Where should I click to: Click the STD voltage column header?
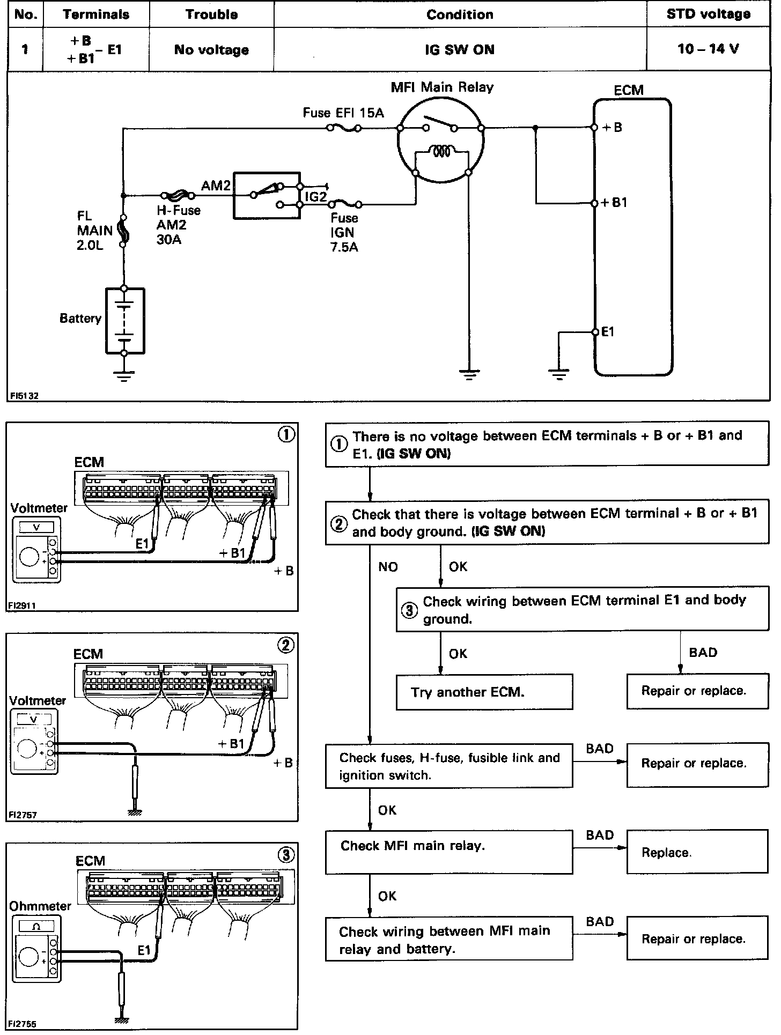tap(708, 14)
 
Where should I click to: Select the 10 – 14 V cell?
tap(708, 49)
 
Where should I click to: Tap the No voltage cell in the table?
tap(211, 50)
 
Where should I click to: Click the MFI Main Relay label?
tap(442, 87)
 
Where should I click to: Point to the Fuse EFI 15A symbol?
tap(344, 128)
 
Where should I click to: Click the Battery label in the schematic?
tap(80, 319)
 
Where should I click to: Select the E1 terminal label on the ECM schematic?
tap(608, 332)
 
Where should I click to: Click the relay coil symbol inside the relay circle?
tap(441, 152)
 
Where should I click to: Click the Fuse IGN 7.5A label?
tap(344, 232)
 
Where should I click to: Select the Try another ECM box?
tap(484, 692)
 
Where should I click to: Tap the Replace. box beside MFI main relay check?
tap(697, 853)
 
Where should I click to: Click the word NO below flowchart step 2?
tap(388, 567)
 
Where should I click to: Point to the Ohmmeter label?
tap(40, 906)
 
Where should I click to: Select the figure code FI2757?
tap(23, 815)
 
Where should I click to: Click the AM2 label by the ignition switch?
tap(216, 186)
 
